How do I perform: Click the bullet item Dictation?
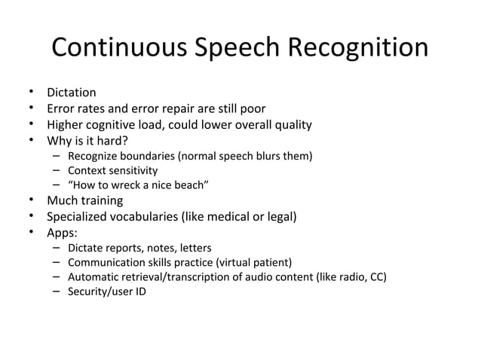point(72,93)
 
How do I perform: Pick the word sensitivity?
point(134,170)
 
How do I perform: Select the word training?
point(103,201)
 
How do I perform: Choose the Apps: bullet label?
point(63,233)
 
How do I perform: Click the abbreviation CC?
point(377,276)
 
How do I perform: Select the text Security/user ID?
point(106,291)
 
